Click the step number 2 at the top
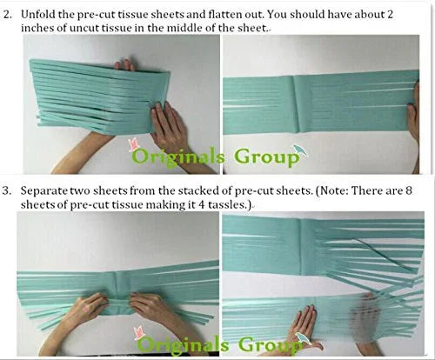click(x=7, y=15)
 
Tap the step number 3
click(x=7, y=191)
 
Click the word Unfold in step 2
click(x=37, y=15)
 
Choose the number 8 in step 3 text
click(x=408, y=191)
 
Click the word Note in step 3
click(x=331, y=191)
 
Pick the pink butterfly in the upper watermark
click(x=133, y=144)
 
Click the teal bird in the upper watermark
click(x=299, y=150)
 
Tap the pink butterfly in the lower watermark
click(x=139, y=332)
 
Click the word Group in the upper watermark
click(x=266, y=158)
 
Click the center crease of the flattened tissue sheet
click(x=296, y=104)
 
